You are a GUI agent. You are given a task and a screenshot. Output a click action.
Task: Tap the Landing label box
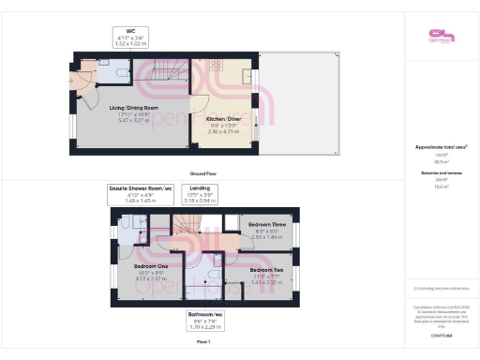pos(201,194)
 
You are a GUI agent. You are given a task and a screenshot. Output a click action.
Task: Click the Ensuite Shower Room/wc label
pos(141,194)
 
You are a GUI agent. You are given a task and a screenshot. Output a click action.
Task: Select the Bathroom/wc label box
pos(204,320)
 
